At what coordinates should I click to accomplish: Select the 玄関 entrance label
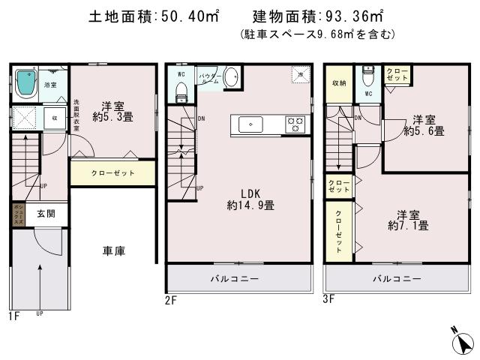pos(46,214)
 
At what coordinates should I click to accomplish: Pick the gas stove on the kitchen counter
pos(295,124)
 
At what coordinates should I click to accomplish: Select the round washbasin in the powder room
pos(232,77)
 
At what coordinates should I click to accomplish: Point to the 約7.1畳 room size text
pos(408,224)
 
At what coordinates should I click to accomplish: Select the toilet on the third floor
pos(367,76)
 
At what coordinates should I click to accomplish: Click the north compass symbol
pos(462,342)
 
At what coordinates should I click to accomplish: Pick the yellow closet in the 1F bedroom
pos(113,172)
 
